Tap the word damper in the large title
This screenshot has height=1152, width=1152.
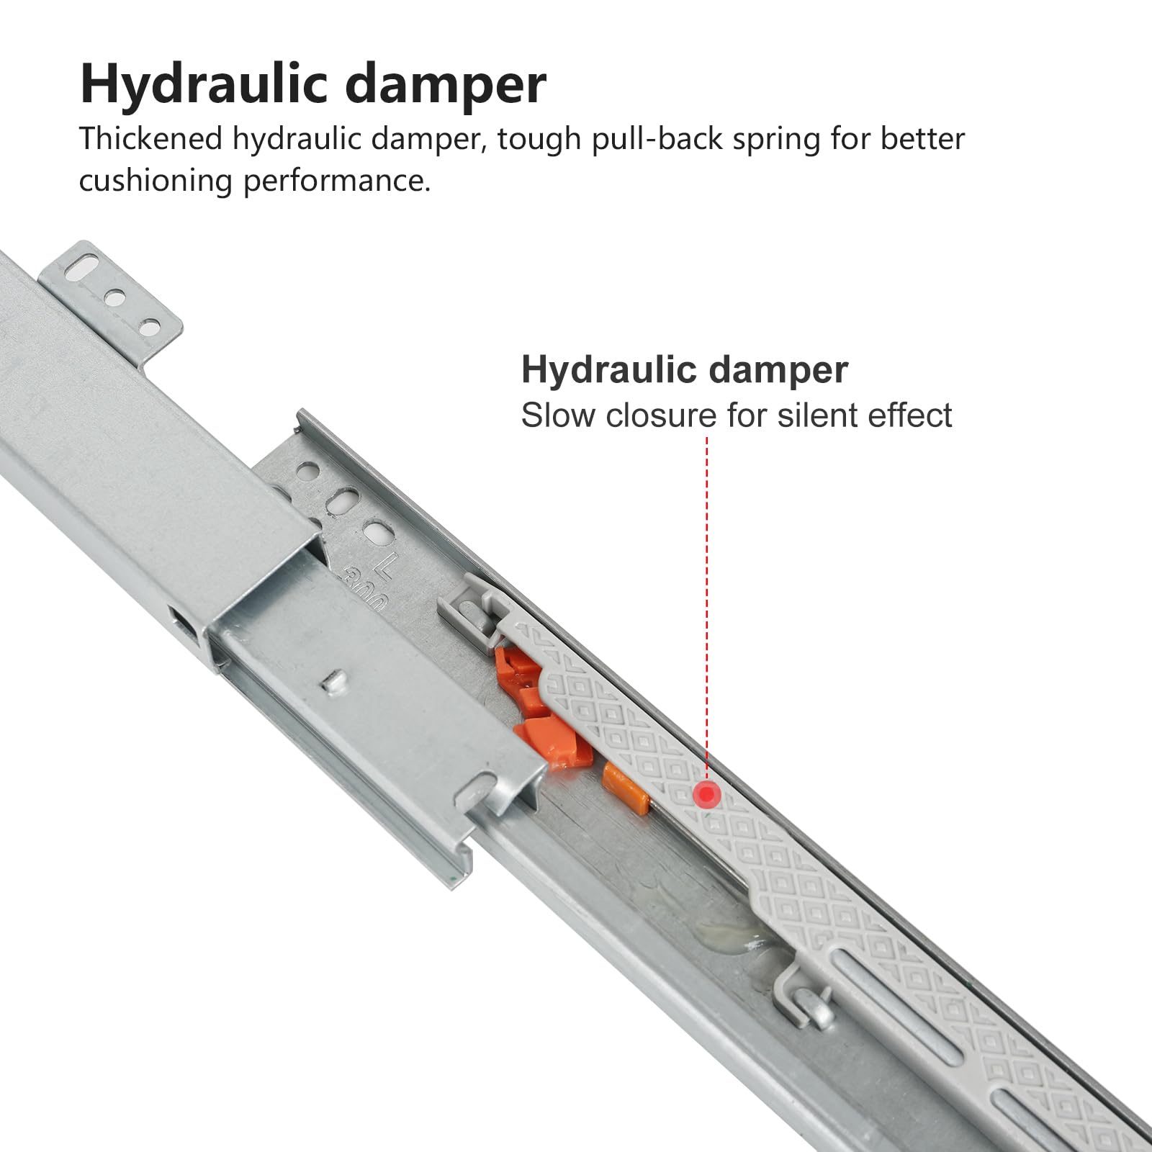[446, 84]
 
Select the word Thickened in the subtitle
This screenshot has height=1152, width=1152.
[150, 138]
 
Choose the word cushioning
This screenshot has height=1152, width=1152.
[156, 181]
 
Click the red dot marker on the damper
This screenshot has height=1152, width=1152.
[708, 794]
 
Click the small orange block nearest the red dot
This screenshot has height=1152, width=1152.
[626, 787]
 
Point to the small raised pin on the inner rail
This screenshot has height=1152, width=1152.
[333, 680]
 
